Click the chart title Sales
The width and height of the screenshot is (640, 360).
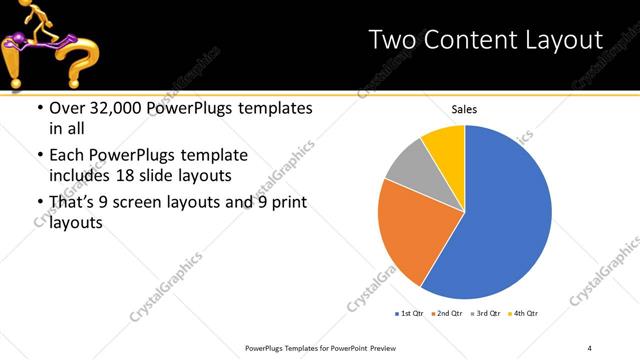pos(464,109)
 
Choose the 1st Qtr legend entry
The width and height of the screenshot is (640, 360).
pos(411,314)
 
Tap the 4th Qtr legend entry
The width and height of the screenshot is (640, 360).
pos(525,314)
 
